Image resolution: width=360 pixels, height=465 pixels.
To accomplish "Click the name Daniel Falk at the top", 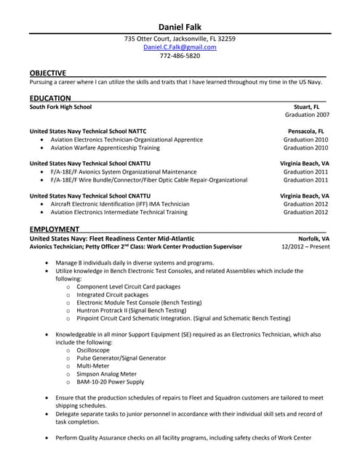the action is coord(180,26).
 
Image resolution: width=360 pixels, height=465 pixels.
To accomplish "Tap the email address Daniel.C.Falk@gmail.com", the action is coord(180,47).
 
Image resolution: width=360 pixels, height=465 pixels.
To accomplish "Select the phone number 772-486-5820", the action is coord(180,56).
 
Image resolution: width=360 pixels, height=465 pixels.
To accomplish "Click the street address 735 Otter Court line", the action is coord(180,39).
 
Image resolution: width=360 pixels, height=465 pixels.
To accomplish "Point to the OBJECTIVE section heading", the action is coord(48,73).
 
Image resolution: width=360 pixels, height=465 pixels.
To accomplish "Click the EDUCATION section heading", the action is coord(50,98).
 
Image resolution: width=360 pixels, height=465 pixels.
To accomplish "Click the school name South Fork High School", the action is coord(60,106).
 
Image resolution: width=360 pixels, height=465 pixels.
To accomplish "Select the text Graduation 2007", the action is coord(307,115).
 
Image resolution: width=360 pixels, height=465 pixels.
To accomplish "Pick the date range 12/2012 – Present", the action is coord(305,247).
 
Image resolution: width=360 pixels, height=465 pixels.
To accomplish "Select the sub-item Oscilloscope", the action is coord(93,350).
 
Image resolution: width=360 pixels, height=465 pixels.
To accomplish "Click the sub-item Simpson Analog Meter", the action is coord(105,374).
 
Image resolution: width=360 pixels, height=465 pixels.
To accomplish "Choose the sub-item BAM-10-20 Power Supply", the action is coord(110,382).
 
